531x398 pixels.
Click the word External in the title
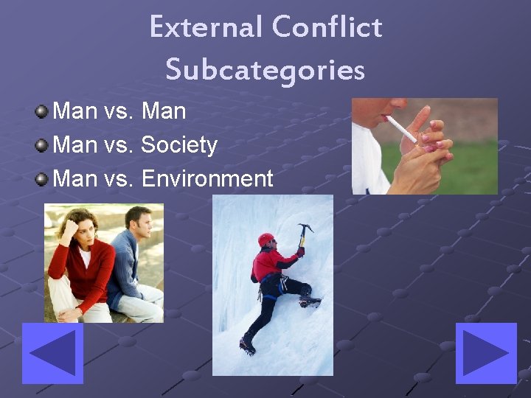tap(205, 27)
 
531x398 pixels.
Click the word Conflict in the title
tap(327, 27)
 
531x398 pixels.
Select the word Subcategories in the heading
tap(265, 69)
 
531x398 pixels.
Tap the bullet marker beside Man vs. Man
tap(43, 112)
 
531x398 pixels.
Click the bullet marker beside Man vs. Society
tap(43, 145)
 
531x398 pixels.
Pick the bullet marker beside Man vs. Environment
tap(43, 178)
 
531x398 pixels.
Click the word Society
tap(179, 145)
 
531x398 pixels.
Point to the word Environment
tap(206, 178)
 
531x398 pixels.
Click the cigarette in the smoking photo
tap(401, 129)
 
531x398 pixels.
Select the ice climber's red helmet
tap(265, 240)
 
